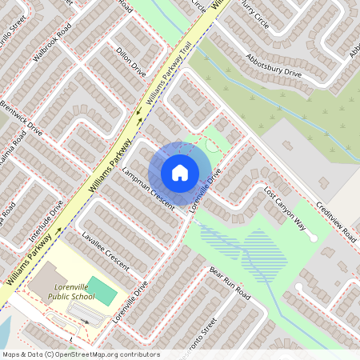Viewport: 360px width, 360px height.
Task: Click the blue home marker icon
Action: pos(180,172)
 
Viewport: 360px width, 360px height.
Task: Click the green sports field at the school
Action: pos(101,290)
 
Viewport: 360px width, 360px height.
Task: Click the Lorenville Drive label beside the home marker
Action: pos(204,189)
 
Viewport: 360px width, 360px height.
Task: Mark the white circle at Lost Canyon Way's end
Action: pos(314,238)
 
